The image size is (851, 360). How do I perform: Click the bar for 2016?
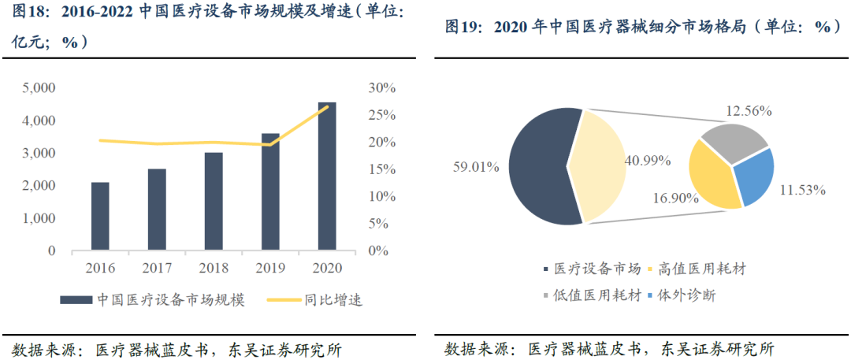(x=100, y=217)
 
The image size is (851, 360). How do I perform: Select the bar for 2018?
(x=214, y=202)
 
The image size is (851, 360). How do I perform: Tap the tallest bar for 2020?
(x=327, y=176)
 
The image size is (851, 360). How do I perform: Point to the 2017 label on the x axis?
(x=157, y=268)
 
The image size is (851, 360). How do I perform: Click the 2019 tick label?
(x=270, y=268)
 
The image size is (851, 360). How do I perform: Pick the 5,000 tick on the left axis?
(x=39, y=88)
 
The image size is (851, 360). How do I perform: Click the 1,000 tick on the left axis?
(x=39, y=218)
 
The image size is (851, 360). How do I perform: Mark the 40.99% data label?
(x=647, y=161)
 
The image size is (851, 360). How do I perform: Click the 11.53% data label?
(x=801, y=190)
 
